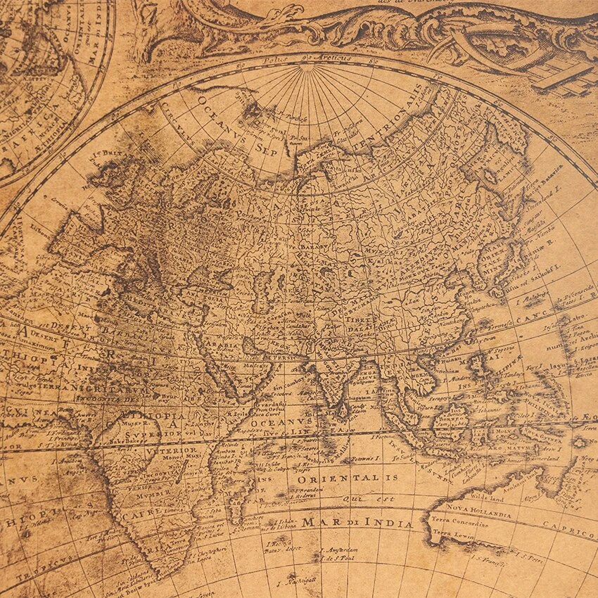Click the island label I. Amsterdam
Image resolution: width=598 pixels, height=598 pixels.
pyautogui.click(x=339, y=550)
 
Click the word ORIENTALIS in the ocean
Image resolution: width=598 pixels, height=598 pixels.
pyautogui.click(x=342, y=478)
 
